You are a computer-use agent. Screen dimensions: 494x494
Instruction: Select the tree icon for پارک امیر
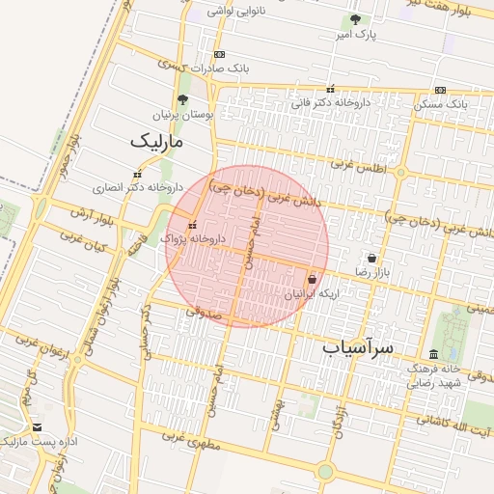point(355,19)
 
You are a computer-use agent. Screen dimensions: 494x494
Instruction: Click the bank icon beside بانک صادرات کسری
point(220,54)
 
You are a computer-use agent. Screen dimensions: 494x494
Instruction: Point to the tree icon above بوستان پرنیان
point(183,99)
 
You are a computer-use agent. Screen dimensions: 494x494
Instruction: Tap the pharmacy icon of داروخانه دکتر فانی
point(331,88)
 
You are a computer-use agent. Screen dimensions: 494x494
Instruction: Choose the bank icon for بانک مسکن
point(440,90)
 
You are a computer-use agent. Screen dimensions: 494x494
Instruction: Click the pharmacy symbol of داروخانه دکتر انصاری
point(136,174)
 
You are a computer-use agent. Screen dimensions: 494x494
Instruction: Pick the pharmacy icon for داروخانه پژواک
point(191,225)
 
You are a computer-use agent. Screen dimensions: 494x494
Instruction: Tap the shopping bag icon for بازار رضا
point(372,259)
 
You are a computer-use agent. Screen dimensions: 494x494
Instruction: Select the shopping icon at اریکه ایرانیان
point(311,279)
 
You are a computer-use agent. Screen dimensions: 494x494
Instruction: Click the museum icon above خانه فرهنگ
point(433,354)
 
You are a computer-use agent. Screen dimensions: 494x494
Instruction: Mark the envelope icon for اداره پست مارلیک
point(37,426)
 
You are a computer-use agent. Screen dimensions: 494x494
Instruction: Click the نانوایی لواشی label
point(235,12)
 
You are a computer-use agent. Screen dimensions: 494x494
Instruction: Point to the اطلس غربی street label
point(359,165)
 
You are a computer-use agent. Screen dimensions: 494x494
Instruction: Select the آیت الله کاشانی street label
point(454,422)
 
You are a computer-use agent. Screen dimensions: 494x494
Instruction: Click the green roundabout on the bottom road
point(325,471)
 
